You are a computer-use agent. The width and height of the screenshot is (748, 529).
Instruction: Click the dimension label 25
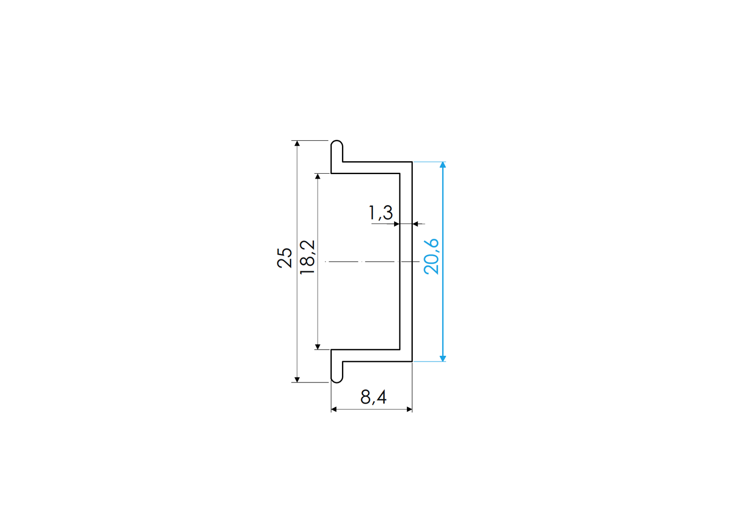[285, 257]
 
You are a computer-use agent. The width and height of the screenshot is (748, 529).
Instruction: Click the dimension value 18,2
[307, 257]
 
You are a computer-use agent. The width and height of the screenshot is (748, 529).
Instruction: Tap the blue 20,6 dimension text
[431, 256]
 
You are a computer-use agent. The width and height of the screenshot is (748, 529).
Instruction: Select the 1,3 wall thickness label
[381, 213]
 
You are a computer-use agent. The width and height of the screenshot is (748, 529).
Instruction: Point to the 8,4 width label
[373, 397]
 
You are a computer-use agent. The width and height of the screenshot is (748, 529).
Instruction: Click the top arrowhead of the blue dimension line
[443, 165]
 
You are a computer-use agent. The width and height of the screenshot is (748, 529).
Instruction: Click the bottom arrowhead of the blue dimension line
[443, 358]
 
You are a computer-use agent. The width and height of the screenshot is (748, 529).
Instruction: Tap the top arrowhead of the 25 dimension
[297, 143]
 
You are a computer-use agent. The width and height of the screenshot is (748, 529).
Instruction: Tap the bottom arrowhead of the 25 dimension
[297, 379]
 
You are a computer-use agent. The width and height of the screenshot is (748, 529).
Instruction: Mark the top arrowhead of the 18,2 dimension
[317, 176]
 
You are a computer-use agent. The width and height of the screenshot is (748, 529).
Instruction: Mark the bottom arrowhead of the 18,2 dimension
[317, 346]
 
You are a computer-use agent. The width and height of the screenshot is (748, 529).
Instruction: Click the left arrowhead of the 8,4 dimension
[334, 409]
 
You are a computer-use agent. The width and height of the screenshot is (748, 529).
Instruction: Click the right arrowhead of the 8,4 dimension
[409, 409]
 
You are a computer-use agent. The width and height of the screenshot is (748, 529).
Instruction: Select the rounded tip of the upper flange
[337, 142]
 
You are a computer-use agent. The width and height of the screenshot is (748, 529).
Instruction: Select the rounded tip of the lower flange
[337, 381]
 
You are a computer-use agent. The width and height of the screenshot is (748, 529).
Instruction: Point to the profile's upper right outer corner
[412, 162]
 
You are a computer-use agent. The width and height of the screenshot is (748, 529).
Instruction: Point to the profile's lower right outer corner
[412, 361]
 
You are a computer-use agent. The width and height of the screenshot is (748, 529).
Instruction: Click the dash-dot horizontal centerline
[365, 261]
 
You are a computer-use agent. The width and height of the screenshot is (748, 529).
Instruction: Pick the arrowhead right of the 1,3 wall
[415, 224]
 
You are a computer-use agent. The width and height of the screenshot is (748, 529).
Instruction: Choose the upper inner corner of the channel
[399, 173]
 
